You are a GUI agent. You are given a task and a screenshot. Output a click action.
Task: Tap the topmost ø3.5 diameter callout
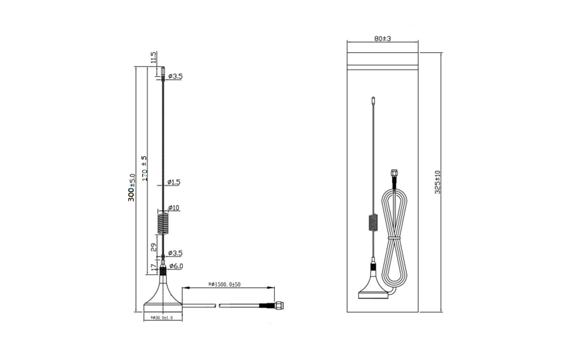tap(174, 76)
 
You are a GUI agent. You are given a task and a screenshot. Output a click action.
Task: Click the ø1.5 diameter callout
tap(174, 182)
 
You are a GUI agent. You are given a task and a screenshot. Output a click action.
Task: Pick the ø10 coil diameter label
tap(174, 208)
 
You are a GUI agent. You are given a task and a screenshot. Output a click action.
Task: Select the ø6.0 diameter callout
tap(175, 266)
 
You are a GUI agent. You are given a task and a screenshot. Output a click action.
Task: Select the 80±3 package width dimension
tap(381, 39)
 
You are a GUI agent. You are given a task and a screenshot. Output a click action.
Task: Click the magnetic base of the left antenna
tap(162, 298)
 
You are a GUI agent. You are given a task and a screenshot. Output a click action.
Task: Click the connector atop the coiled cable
tap(395, 173)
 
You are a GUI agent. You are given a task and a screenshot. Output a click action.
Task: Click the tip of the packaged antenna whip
tap(372, 97)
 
